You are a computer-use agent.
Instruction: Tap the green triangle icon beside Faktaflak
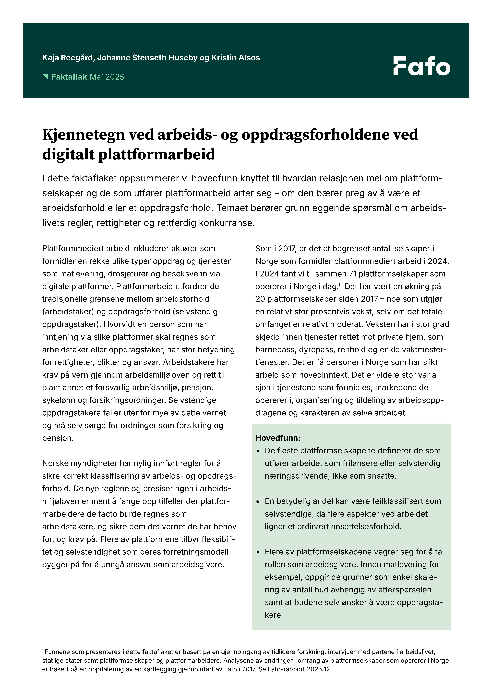(x=46, y=76)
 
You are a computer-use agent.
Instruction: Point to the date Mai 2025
(x=107, y=77)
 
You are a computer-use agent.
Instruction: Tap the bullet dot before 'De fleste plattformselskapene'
(x=258, y=451)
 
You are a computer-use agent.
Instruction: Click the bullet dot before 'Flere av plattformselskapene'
(x=258, y=552)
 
